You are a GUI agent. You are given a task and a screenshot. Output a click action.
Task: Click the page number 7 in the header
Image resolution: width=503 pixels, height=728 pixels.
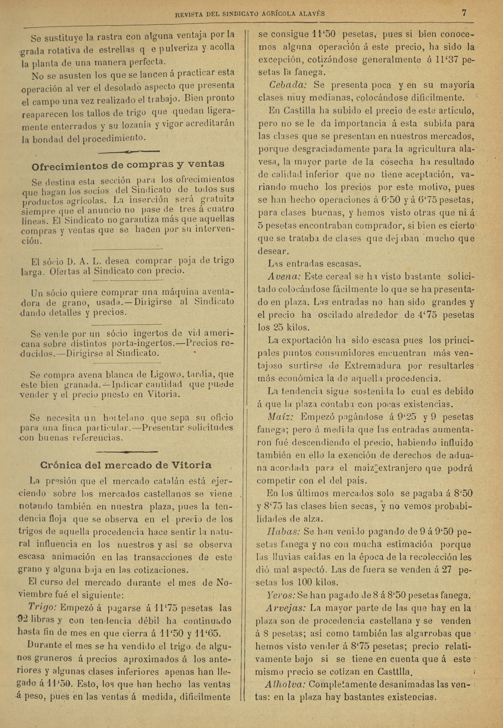(464, 13)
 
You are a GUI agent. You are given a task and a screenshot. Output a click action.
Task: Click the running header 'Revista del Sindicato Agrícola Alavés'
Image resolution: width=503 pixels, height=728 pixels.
(250, 14)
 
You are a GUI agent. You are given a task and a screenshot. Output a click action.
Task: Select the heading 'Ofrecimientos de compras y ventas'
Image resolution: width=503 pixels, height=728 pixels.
(128, 165)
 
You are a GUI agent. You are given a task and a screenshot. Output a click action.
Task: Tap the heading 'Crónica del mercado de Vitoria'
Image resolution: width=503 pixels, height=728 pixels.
(126, 465)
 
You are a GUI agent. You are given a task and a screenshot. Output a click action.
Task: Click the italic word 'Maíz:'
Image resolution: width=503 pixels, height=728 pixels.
(281, 417)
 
